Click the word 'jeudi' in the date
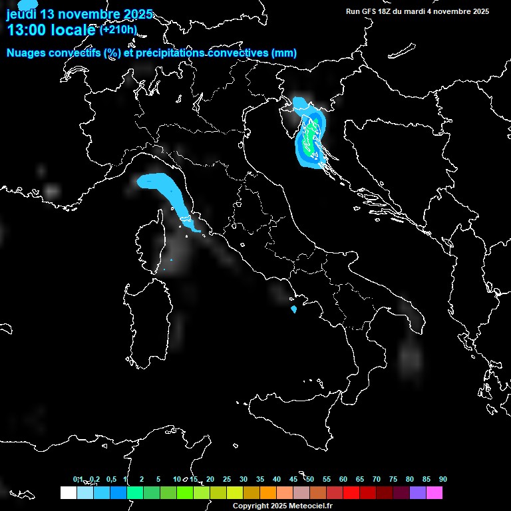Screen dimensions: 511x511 coord(21,14)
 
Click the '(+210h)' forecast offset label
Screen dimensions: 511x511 coord(118,30)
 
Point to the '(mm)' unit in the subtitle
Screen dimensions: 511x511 coord(283,53)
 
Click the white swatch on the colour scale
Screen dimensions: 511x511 coord(68,492)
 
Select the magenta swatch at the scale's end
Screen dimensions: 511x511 coord(434,492)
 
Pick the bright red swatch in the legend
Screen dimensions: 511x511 coord(351,492)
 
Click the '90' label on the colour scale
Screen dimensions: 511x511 coord(443,479)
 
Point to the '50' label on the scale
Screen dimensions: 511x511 coord(310,479)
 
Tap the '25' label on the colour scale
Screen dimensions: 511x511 coord(227,479)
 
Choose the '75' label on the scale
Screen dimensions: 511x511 coord(393,479)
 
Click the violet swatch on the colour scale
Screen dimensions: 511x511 coord(418,492)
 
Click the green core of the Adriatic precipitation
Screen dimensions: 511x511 coord(310,138)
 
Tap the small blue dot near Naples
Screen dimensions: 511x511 coord(293,309)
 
